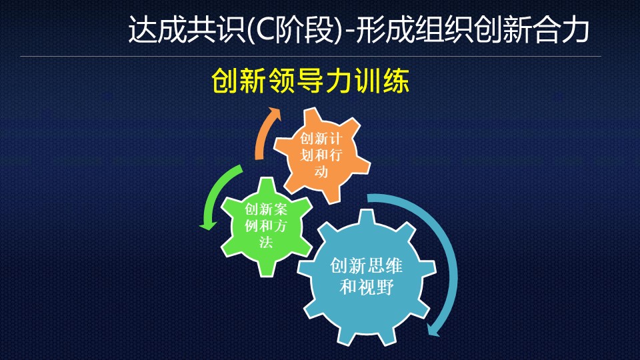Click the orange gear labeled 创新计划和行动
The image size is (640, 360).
(321, 155)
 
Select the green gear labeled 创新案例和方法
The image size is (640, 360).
(266, 226)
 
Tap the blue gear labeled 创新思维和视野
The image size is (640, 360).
(367, 277)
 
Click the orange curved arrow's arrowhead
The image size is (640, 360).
(273, 113)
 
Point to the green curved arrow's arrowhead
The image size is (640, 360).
(208, 225)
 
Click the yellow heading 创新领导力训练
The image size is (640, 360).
(310, 81)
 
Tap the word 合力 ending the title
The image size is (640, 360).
(561, 30)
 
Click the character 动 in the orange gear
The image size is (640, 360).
(321, 171)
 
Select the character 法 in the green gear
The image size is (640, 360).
(266, 242)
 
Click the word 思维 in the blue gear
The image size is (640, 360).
(385, 266)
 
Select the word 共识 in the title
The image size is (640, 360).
(216, 30)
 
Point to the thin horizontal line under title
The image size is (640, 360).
(311, 56)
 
